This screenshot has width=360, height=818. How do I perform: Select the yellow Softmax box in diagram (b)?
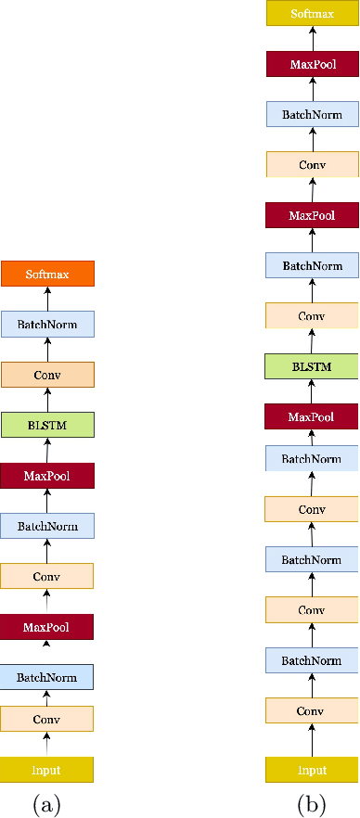click(312, 14)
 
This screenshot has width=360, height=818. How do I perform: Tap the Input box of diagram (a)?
click(47, 769)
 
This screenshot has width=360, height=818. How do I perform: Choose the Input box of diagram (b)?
click(312, 769)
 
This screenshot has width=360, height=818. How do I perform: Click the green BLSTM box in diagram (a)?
click(47, 425)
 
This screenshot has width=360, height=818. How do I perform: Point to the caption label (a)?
click(47, 803)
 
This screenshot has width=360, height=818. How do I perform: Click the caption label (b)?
click(312, 803)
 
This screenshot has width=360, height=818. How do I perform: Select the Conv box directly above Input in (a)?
click(47, 718)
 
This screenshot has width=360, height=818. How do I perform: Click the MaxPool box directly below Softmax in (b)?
click(312, 65)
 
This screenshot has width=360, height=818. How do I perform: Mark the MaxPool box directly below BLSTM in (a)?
click(47, 476)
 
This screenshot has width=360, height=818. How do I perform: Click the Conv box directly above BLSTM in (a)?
click(47, 375)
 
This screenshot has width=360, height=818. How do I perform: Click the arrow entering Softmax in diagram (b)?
click(312, 38)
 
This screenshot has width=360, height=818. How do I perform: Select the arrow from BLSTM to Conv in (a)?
click(47, 400)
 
